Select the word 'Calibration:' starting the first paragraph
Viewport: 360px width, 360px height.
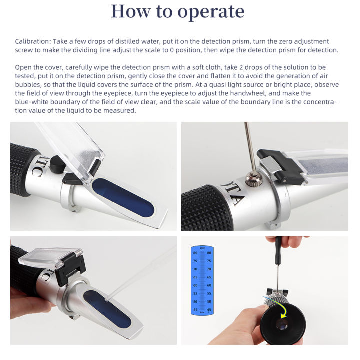(x=31, y=41)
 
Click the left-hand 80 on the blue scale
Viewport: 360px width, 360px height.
(x=195, y=253)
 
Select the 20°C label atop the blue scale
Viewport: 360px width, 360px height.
(x=202, y=247)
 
